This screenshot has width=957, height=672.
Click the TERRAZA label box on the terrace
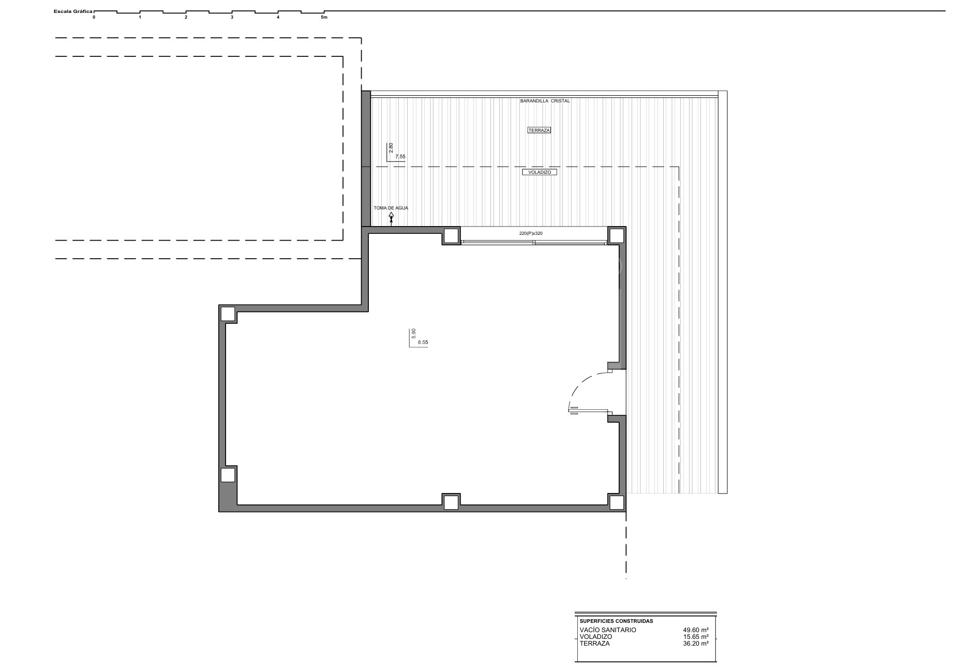(539, 130)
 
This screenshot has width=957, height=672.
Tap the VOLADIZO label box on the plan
(540, 172)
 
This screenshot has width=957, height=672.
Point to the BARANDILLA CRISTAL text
(545, 101)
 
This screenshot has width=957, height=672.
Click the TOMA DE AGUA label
(391, 208)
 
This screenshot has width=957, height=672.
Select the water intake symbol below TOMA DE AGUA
(391, 218)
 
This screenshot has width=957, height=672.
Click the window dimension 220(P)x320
(531, 233)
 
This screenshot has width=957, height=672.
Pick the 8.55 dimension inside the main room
(423, 342)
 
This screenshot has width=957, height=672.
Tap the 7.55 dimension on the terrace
(400, 156)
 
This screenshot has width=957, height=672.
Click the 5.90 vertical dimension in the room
(413, 334)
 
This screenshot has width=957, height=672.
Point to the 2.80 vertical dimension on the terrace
(391, 148)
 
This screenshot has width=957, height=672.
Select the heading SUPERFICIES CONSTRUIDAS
(616, 621)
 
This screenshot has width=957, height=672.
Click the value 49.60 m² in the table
(696, 630)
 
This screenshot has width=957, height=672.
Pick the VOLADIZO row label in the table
(596, 637)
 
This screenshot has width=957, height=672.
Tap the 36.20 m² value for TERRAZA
(696, 644)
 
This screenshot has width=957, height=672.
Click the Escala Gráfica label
(72, 11)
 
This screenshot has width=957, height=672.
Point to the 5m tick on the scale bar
(324, 17)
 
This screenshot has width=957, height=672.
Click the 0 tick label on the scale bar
(94, 17)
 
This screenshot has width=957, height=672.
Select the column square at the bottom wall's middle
(451, 502)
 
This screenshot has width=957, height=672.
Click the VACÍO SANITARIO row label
(608, 630)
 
